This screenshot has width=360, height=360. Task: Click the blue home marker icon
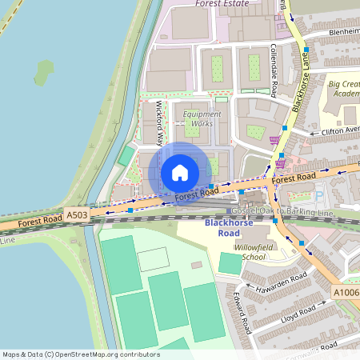click(x=180, y=173)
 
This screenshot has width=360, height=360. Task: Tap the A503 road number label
click(x=77, y=215)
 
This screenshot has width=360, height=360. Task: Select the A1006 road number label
click(x=346, y=294)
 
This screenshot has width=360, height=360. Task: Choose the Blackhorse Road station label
click(x=222, y=228)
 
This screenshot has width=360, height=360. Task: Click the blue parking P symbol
click(x=320, y=194)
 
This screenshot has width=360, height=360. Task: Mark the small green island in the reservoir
click(x=45, y=74)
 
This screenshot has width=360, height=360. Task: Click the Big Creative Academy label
click(x=344, y=88)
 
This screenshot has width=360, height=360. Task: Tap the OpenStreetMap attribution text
click(x=80, y=354)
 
